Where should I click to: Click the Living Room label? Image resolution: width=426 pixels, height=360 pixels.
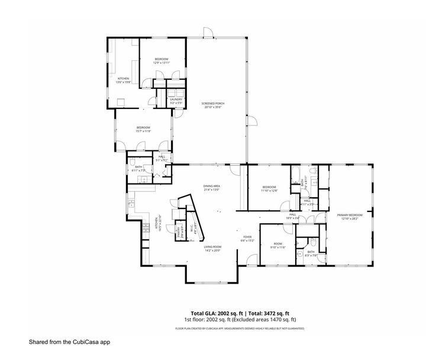[212, 248]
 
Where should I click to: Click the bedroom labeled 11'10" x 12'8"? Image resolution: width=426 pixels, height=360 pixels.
[269, 189]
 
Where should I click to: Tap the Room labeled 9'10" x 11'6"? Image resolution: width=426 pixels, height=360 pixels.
[277, 245]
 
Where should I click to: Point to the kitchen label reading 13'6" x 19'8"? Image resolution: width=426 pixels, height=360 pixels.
[124, 80]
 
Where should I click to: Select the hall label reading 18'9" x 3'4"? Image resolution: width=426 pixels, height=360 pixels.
[292, 216]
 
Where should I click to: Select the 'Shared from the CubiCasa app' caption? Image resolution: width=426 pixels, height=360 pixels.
[69, 342]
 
